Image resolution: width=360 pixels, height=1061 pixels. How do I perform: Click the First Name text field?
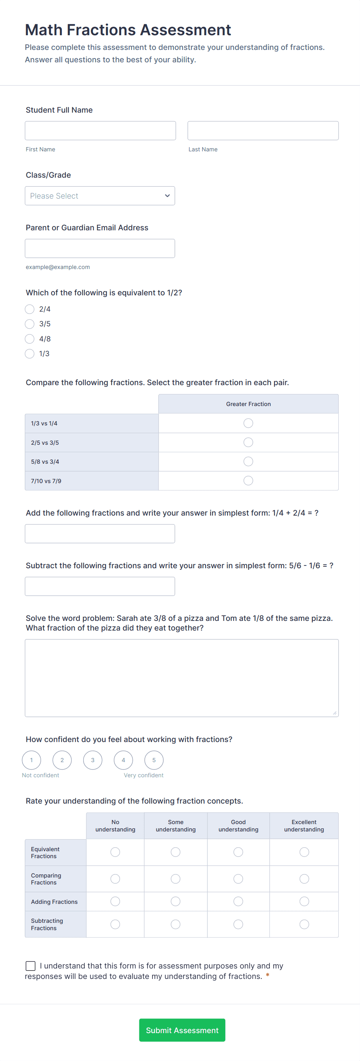(100, 130)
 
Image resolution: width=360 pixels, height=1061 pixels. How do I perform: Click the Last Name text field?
(263, 130)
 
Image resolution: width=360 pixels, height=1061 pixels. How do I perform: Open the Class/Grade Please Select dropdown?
(100, 195)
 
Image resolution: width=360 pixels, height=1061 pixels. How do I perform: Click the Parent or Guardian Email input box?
(100, 249)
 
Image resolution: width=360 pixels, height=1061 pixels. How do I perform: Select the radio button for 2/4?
(30, 309)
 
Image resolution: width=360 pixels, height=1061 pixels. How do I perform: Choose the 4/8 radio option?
(30, 339)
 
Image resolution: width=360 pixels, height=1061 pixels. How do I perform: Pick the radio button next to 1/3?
(30, 354)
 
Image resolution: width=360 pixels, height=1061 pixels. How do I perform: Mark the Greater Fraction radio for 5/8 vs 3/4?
(248, 461)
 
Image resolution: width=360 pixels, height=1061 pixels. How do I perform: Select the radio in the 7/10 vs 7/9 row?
(248, 481)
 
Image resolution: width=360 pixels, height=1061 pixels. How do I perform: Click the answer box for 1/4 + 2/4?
(100, 533)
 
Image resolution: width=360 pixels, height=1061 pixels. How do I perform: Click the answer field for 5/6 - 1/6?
(100, 586)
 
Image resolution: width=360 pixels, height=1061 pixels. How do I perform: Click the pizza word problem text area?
(182, 677)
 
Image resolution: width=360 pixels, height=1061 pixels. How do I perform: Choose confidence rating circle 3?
(93, 760)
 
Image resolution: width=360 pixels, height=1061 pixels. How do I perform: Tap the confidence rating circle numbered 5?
(154, 760)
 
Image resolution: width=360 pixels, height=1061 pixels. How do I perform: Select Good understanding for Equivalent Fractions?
(238, 852)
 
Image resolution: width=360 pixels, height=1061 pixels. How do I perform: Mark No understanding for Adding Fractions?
(115, 902)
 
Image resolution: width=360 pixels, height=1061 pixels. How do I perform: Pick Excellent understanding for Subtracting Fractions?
(304, 924)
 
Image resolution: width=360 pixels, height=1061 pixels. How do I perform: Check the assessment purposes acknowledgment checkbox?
(31, 966)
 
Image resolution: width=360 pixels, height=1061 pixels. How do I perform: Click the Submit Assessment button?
(182, 1030)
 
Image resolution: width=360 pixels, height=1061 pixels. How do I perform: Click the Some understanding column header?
(175, 825)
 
